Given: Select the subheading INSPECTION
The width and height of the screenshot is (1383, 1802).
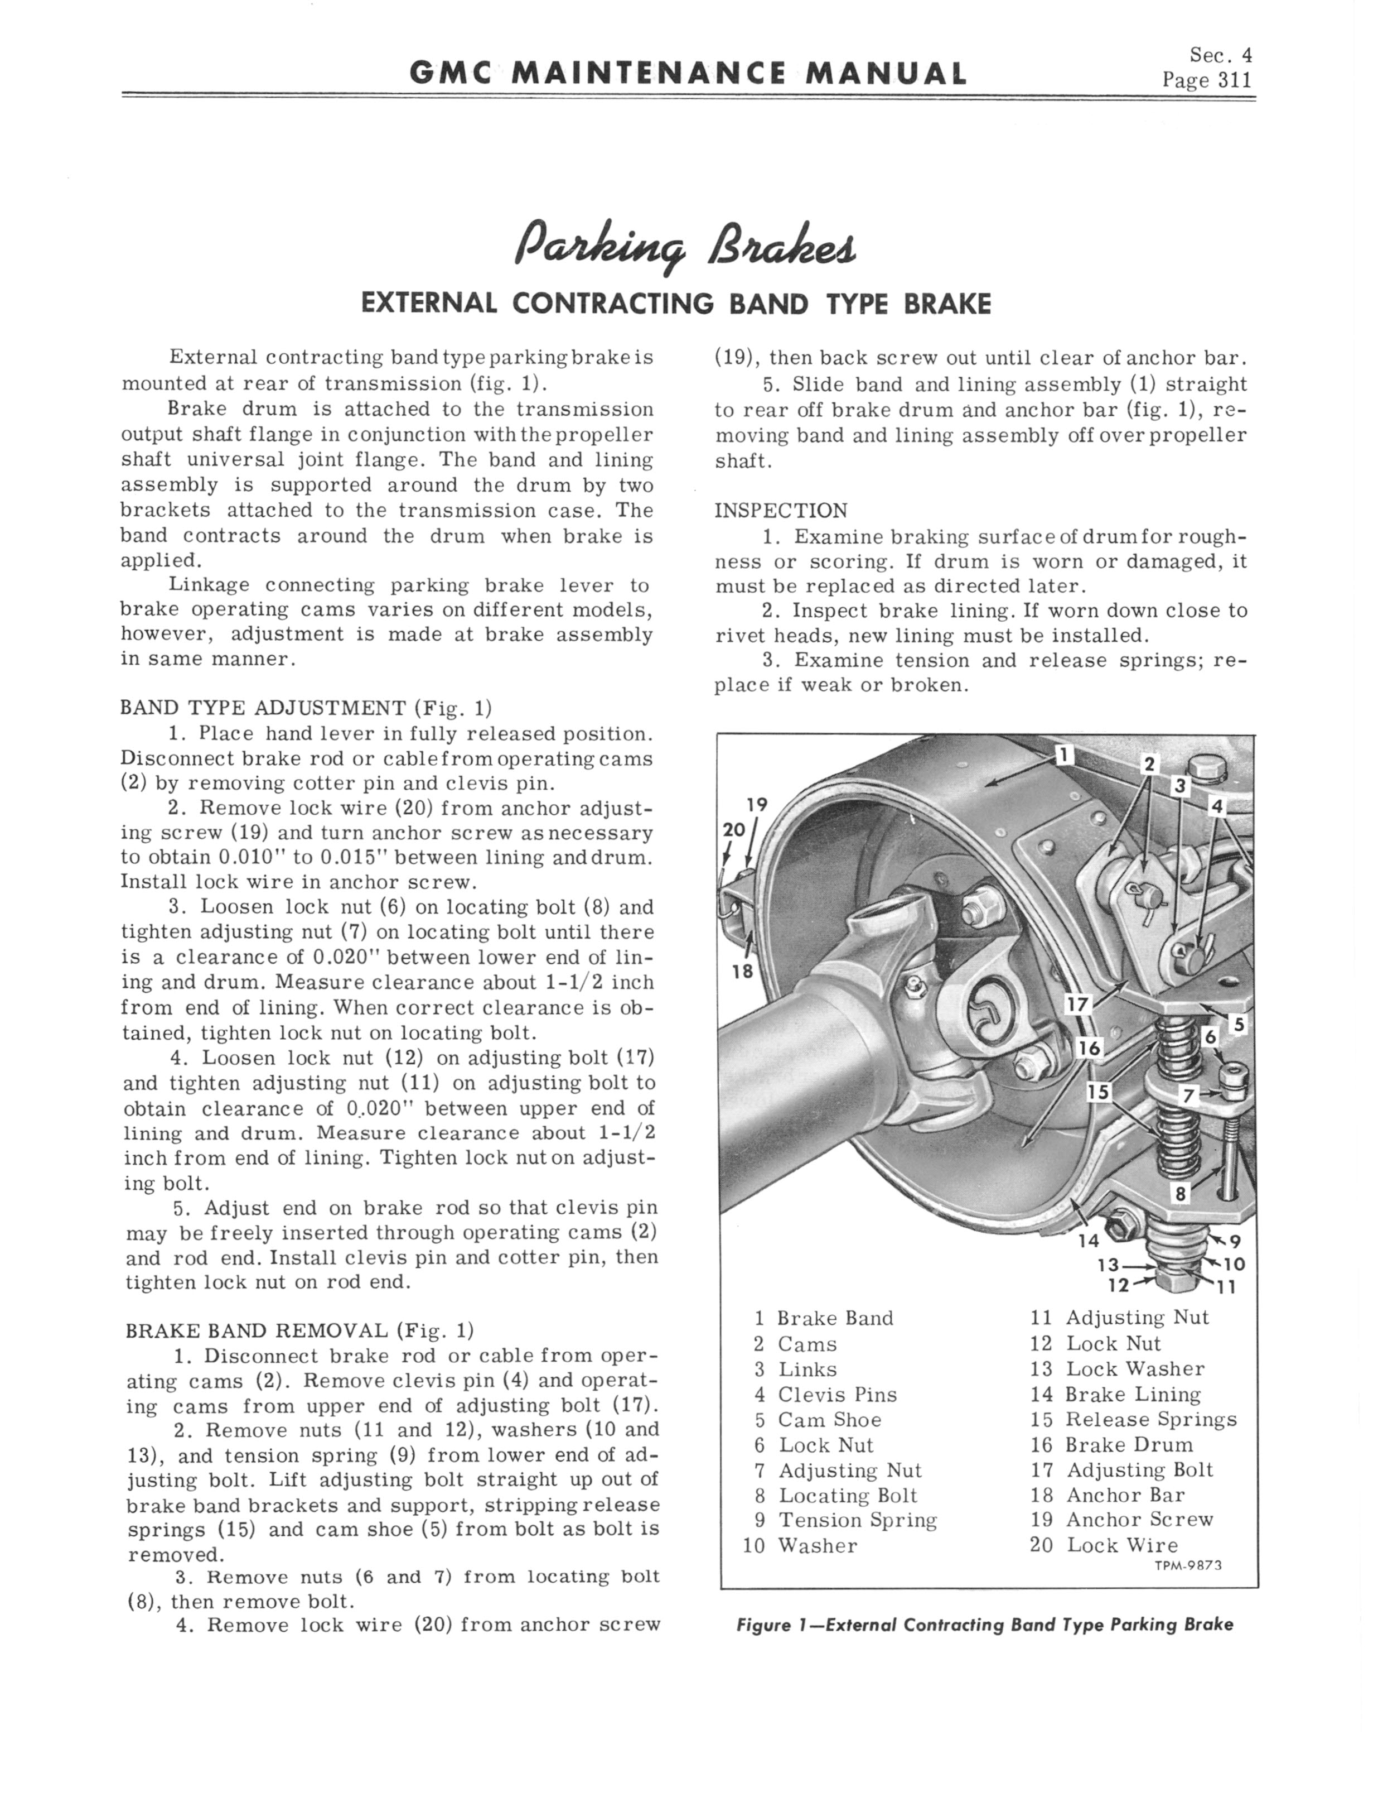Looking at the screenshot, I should (780, 511).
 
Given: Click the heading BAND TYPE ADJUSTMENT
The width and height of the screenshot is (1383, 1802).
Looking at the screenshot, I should (263, 708).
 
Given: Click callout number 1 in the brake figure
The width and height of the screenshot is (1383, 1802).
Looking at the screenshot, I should (1063, 755).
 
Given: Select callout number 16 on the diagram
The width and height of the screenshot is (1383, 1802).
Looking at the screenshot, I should (1089, 1047).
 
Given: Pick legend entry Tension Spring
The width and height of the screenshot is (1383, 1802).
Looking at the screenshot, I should (857, 1520).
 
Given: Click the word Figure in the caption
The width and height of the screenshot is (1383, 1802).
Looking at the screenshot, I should (762, 1625).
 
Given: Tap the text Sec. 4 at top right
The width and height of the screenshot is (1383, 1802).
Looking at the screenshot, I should (1221, 55).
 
